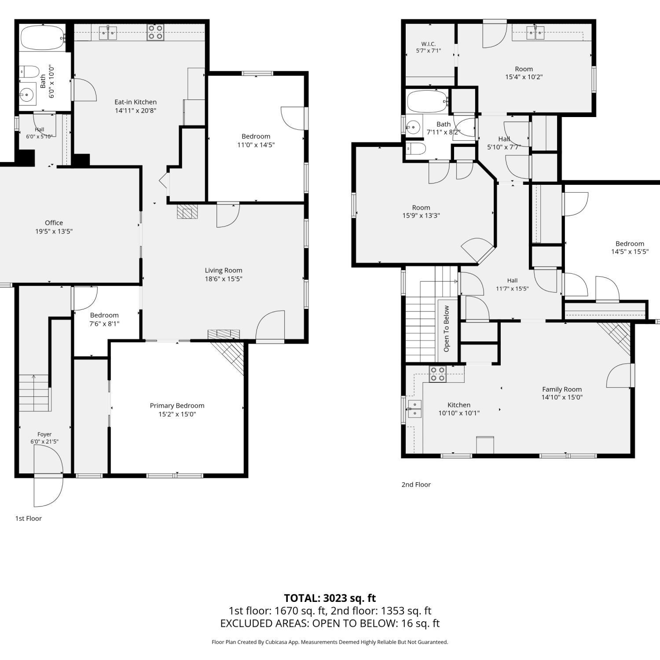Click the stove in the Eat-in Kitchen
click(155, 32)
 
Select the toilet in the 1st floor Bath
click(29, 71)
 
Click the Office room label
click(54, 223)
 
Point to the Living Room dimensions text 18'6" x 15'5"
click(224, 279)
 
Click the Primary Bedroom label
click(177, 406)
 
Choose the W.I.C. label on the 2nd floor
click(428, 44)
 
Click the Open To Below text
click(447, 329)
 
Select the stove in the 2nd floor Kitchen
click(437, 374)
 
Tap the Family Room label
click(562, 389)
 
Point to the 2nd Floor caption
click(416, 484)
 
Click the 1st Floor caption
click(29, 518)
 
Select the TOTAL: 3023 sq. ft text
click(330, 598)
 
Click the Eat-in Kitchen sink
click(107, 33)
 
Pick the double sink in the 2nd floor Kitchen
click(415, 409)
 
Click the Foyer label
click(44, 434)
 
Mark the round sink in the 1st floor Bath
click(28, 94)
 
